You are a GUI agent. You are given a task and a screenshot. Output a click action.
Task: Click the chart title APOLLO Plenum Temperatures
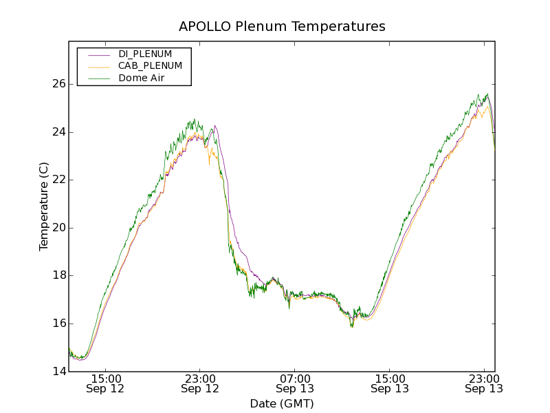click(x=282, y=27)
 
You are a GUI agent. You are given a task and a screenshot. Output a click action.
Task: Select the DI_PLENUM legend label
click(x=145, y=54)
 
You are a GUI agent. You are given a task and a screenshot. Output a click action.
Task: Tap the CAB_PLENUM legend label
click(x=150, y=66)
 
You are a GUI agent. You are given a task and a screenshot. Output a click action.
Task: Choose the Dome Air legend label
click(x=141, y=78)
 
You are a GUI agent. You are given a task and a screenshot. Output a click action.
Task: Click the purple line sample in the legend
click(x=99, y=54)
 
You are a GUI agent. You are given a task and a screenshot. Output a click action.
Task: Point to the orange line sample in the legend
click(x=99, y=66)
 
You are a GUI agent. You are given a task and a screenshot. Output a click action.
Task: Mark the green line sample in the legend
click(x=99, y=78)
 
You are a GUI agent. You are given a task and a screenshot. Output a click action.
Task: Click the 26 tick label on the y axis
click(x=58, y=84)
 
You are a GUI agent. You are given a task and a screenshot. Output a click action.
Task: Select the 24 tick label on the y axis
click(x=58, y=132)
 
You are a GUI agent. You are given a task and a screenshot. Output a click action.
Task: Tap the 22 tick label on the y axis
click(x=58, y=180)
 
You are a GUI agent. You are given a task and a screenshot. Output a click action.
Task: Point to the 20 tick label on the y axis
click(x=58, y=228)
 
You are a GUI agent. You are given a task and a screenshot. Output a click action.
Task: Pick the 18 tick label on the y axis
click(x=58, y=275)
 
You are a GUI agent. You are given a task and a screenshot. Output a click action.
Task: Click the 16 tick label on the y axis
click(x=58, y=324)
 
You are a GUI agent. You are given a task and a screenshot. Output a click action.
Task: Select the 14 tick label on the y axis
click(x=58, y=372)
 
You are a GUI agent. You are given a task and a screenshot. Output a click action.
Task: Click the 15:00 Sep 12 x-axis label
click(x=105, y=383)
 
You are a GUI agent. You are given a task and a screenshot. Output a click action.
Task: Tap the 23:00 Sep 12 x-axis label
click(x=200, y=383)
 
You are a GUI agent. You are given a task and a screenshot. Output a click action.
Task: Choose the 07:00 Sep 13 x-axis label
click(x=295, y=383)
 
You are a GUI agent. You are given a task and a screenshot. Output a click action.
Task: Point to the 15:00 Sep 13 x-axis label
click(x=390, y=383)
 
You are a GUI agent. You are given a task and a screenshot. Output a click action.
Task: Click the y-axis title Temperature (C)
click(x=44, y=206)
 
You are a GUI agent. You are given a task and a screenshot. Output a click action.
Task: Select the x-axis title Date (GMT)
click(x=282, y=403)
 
